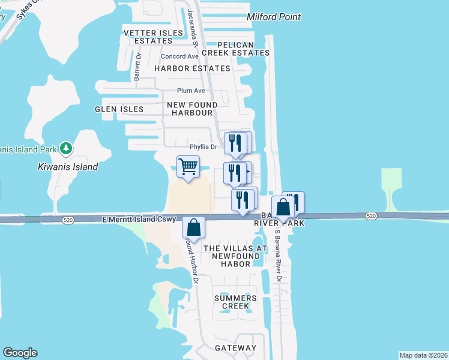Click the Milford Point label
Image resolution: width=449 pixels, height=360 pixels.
tap(274, 17)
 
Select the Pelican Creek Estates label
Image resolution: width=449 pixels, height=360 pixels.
tap(235, 49)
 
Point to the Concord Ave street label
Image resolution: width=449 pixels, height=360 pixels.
tap(179, 56)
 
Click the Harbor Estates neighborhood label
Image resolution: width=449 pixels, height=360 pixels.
tap(192, 68)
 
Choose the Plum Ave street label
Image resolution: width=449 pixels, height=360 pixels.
tap(191, 91)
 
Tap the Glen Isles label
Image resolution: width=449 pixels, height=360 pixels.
tap(119, 109)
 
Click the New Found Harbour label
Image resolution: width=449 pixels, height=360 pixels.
tap(191, 109)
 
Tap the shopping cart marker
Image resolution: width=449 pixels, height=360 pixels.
tap(188, 167)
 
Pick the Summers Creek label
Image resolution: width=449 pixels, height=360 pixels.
tap(235, 302)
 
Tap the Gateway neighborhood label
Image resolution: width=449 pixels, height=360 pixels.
tap(236, 348)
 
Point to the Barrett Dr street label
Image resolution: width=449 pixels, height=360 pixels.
tap(137, 67)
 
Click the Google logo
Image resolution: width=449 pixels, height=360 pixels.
tap(20, 353)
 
